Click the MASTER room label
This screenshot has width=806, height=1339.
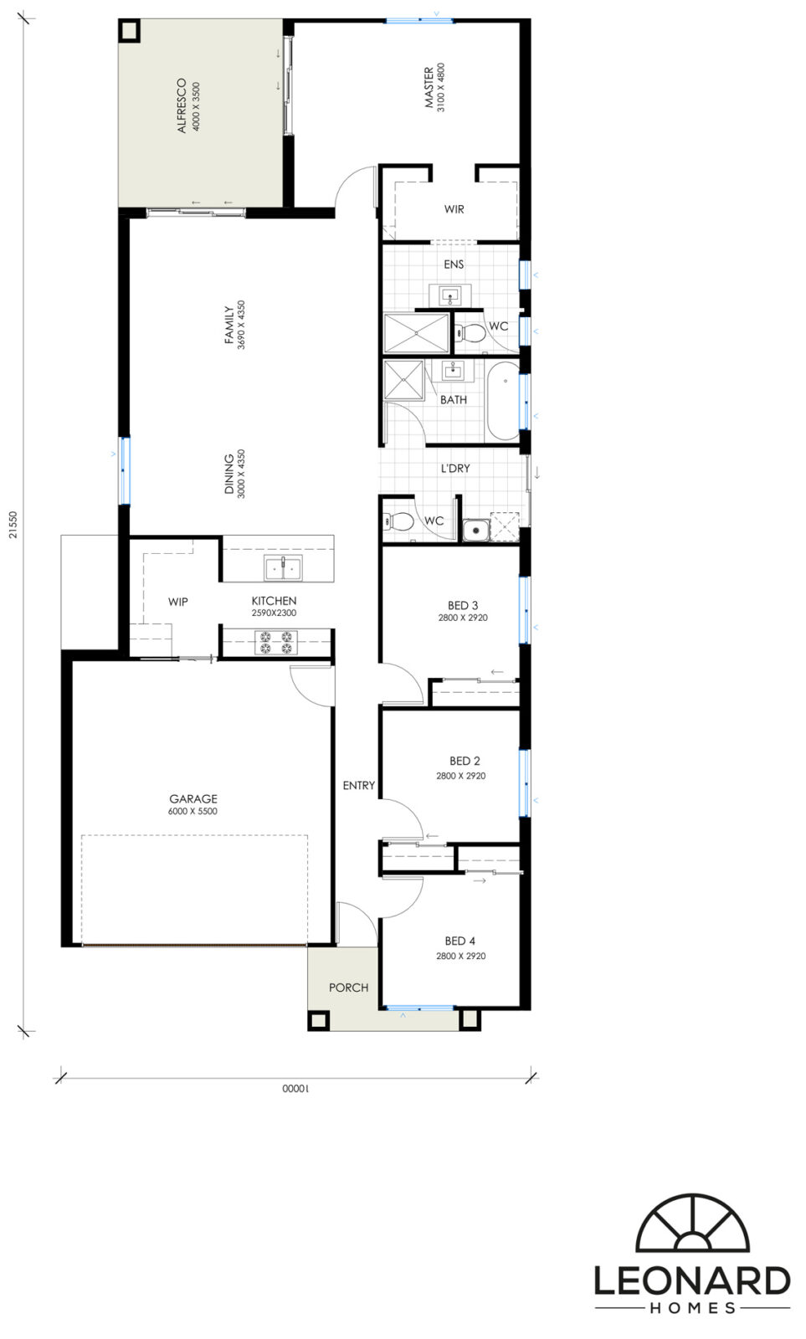click(x=429, y=87)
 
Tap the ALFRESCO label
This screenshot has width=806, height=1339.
click(x=182, y=105)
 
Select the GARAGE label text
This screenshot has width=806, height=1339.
click(x=193, y=798)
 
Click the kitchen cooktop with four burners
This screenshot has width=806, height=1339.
click(x=275, y=642)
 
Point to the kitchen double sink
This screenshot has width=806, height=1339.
click(x=284, y=567)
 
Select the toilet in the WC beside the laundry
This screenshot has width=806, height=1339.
click(x=398, y=522)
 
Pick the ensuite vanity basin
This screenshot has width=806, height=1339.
click(x=450, y=295)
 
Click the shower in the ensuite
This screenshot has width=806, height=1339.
click(x=416, y=333)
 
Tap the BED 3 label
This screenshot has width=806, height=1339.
click(x=463, y=606)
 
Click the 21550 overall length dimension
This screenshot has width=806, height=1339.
click(x=13, y=524)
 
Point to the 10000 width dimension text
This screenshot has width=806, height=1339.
click(x=295, y=1089)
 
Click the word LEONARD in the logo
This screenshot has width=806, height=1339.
click(x=692, y=1280)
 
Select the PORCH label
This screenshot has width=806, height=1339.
click(x=348, y=988)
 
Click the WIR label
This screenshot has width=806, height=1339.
click(x=454, y=209)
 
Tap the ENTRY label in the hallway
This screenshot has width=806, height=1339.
click(x=359, y=786)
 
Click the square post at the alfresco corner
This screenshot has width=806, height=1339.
click(x=129, y=30)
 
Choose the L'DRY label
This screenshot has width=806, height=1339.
click(x=455, y=468)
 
